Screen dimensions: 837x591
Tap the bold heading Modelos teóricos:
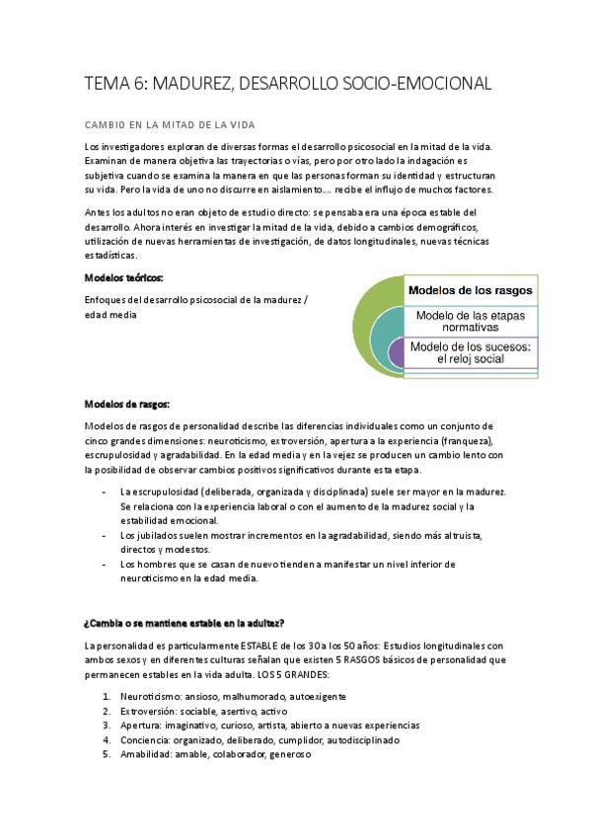click(124, 278)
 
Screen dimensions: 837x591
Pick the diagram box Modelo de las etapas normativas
click(472, 321)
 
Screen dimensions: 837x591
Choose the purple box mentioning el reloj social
click(471, 352)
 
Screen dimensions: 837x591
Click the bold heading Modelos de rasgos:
click(127, 405)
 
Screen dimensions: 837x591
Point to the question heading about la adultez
click(185, 622)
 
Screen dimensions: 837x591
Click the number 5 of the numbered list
click(107, 754)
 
